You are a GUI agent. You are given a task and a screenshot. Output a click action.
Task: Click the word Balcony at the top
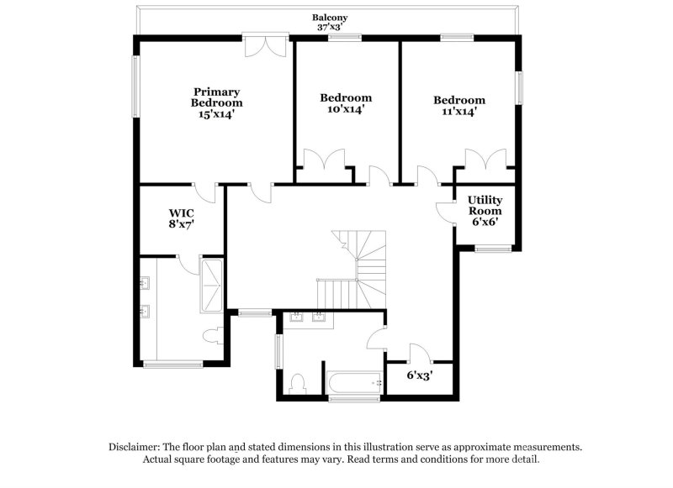330,17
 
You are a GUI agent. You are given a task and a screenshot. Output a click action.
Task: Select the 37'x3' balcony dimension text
330,27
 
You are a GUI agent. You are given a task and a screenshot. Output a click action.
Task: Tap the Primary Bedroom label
216,97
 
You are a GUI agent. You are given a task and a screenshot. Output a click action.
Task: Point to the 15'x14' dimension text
216,114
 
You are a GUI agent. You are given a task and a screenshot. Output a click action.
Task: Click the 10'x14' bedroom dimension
345,109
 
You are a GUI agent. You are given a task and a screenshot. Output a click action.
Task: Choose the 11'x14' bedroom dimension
458,111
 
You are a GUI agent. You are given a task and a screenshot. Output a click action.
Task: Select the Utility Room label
485,206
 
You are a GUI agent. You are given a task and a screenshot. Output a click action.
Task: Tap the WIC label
182,213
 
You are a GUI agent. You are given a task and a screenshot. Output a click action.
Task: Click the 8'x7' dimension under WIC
182,224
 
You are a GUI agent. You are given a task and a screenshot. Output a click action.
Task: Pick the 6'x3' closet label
419,375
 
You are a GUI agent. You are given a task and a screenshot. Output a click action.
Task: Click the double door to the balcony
262,46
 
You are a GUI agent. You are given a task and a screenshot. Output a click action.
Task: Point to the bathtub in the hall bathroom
353,384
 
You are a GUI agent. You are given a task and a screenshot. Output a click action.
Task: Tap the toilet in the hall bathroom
296,384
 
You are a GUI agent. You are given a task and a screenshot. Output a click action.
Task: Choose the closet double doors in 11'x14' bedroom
484,160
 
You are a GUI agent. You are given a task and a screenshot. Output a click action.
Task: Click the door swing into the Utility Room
444,208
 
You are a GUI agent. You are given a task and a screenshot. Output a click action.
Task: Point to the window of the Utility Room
492,248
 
